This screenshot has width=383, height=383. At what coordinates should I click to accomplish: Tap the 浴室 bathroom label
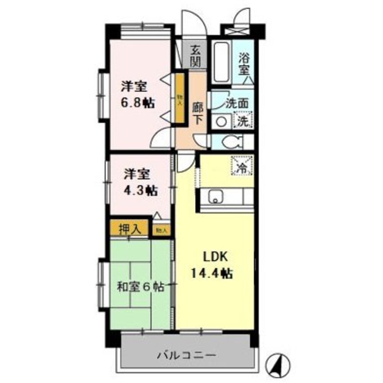[244, 64]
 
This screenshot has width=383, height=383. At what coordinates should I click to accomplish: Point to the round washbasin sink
[221, 122]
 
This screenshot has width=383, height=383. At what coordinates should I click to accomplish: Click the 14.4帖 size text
[214, 273]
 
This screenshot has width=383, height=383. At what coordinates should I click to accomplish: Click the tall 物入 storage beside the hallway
[179, 98]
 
